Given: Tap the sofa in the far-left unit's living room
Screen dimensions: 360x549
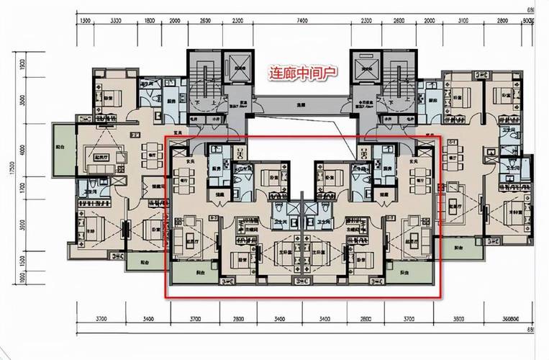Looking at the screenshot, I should (96, 154).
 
